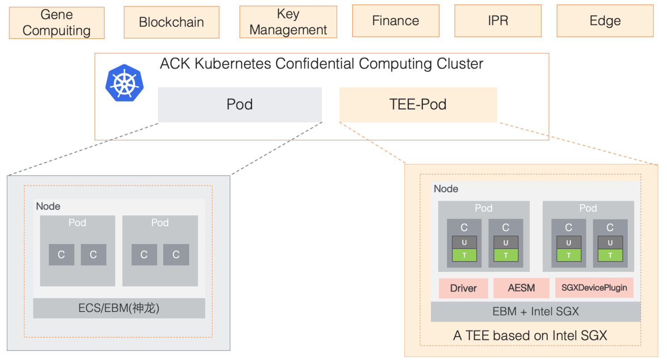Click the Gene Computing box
tap(57, 22)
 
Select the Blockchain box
tap(171, 22)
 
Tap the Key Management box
tap(288, 22)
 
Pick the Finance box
tap(396, 21)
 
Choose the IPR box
tap(498, 21)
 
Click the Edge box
tap(605, 21)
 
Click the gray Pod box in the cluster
tap(240, 105)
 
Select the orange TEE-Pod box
tap(418, 105)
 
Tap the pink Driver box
tap(463, 288)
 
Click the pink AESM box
tap(521, 288)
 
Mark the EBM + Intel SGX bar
tap(536, 312)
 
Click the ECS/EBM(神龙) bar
tap(119, 308)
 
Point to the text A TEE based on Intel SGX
tap(530, 336)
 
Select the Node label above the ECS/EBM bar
tap(48, 207)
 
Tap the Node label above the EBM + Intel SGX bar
tap(446, 189)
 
